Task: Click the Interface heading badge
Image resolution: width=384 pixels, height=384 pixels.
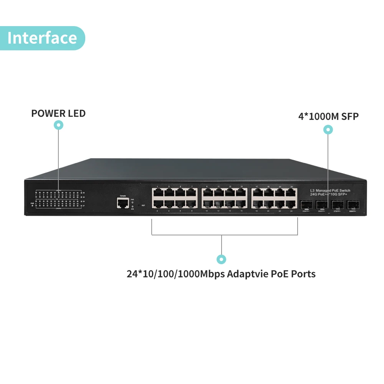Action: point(42,38)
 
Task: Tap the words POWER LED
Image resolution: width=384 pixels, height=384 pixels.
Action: point(58,114)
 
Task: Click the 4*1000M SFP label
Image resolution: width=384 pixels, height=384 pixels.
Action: point(328,116)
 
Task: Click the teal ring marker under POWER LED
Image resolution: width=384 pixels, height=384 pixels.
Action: point(58,125)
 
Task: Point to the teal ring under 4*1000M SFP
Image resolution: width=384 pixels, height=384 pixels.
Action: point(328,130)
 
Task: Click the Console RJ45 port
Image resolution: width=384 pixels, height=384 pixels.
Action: point(123,203)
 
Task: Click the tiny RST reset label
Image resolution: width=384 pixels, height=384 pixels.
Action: point(143,205)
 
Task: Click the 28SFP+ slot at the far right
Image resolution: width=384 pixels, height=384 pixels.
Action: point(353,204)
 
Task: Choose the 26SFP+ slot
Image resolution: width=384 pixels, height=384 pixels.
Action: point(321,204)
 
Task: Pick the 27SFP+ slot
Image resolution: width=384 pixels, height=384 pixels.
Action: point(337,204)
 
